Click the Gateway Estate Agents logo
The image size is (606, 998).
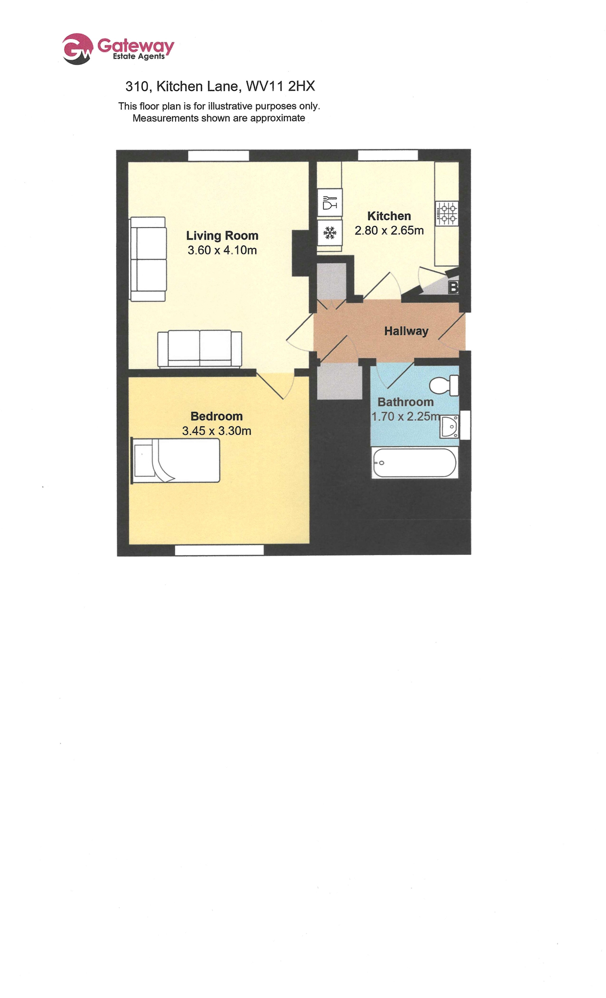pos(118,48)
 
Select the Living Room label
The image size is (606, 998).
pos(222,235)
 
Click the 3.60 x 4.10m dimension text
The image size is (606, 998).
pos(222,250)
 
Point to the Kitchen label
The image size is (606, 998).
pos(389,216)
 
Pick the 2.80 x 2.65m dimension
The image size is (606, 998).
pos(389,230)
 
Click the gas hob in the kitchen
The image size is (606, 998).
pos(447,214)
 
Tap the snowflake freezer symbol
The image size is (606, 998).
pos(330,233)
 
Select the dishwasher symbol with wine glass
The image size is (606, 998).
pos(330,202)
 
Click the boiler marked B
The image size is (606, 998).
pos(453,287)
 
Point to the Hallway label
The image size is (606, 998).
pos(406,331)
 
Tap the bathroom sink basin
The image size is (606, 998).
pos(450,426)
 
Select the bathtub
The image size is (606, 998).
pos(415,463)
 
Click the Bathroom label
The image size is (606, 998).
pos(405,402)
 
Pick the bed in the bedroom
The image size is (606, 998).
pos(175,460)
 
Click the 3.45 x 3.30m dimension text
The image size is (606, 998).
pos(216,431)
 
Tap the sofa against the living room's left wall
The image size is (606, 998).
pos(148,259)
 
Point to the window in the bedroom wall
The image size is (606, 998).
pos(219,550)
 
